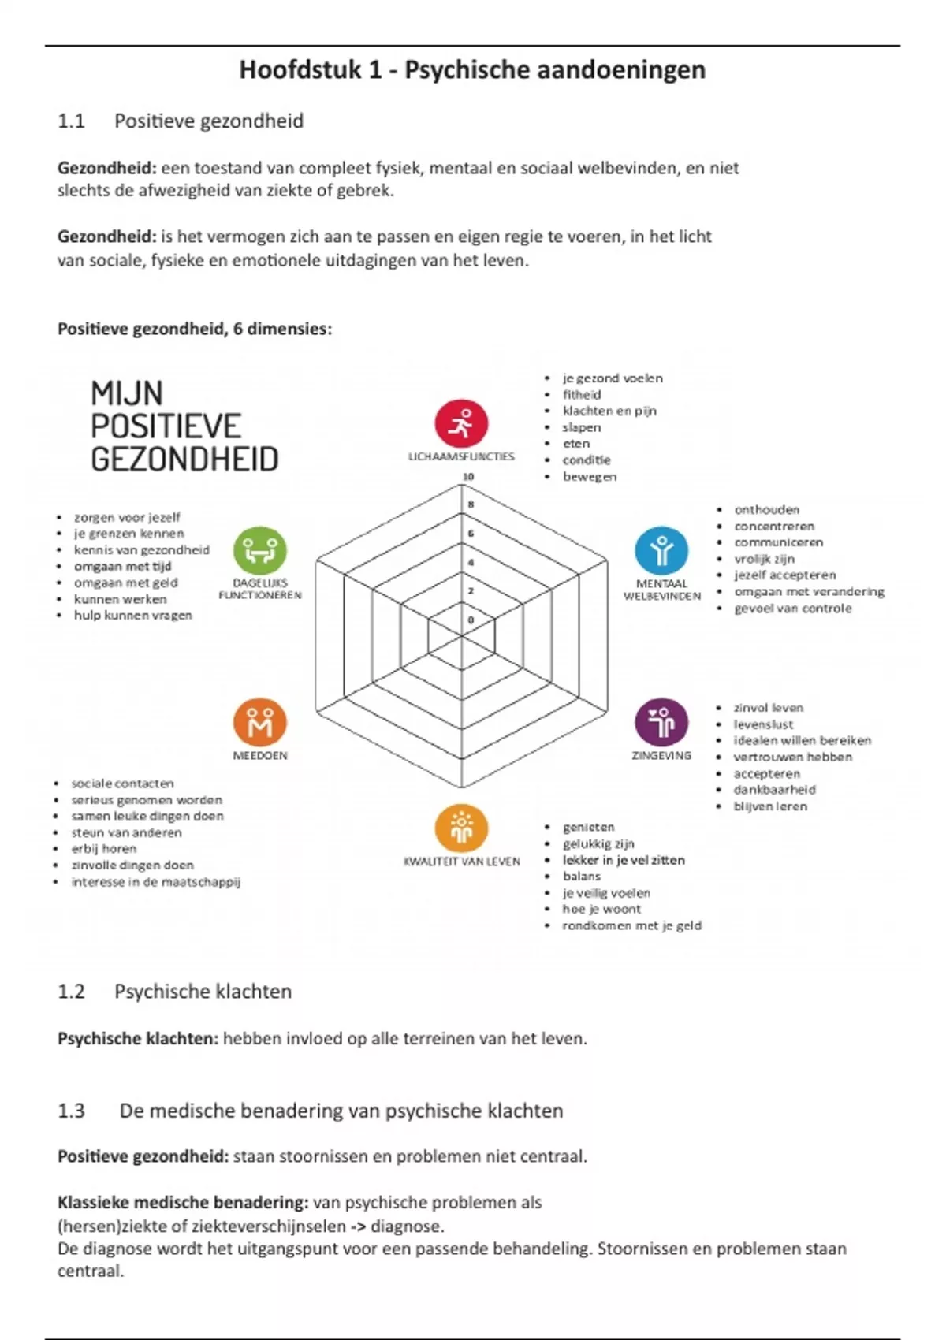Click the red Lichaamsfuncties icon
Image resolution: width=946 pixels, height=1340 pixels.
coord(461,423)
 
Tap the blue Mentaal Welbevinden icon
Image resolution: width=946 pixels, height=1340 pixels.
coord(661,550)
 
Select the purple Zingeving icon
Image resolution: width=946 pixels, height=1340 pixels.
coord(661,721)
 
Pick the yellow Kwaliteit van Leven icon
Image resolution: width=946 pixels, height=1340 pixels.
coord(461,828)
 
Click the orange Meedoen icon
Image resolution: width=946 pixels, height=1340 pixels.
coord(260,722)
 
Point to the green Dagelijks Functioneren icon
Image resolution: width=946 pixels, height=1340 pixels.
coord(260,550)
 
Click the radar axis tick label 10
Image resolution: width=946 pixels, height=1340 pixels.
coord(468,477)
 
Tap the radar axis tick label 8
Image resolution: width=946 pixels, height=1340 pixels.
coord(471,504)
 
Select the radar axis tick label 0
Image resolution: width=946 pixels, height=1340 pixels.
coord(471,620)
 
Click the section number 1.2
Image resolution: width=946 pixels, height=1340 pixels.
coord(71,992)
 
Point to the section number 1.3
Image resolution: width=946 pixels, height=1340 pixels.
coord(71,1111)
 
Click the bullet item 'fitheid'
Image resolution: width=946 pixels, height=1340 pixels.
coord(582,395)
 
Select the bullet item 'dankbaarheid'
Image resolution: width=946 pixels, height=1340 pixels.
coord(774,790)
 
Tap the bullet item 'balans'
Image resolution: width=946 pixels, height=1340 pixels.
coord(582,877)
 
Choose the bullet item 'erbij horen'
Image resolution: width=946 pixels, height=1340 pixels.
coord(104,849)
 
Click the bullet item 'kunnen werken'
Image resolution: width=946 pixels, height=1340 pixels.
coord(120,599)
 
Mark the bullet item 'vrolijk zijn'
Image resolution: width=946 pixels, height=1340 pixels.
coord(764,559)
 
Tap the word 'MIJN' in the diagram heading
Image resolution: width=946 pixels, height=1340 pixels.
coord(127,393)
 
